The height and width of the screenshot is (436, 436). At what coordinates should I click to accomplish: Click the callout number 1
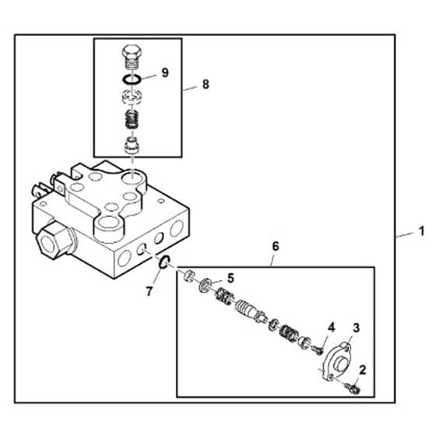(422, 231)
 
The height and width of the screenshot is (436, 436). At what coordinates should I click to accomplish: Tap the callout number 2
(362, 370)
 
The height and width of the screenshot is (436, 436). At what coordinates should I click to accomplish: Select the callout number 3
(357, 328)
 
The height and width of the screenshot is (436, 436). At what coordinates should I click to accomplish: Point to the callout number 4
(331, 328)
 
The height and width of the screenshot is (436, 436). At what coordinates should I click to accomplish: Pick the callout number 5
(230, 279)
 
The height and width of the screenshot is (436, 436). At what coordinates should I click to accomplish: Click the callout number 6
(275, 246)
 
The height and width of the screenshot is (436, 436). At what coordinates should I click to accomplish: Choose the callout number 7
(149, 291)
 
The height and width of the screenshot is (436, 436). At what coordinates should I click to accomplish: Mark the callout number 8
(206, 84)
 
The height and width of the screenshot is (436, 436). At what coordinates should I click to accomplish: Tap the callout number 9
(165, 73)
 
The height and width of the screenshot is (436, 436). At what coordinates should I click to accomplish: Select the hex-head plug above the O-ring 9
(132, 58)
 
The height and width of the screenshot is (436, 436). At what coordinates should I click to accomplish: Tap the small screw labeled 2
(353, 389)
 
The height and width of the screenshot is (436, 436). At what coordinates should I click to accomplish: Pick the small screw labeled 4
(318, 350)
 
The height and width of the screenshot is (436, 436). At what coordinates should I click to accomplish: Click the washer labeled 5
(204, 284)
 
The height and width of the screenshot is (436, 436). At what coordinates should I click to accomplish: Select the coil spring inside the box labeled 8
(132, 119)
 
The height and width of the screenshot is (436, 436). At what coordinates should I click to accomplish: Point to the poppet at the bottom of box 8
(132, 145)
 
